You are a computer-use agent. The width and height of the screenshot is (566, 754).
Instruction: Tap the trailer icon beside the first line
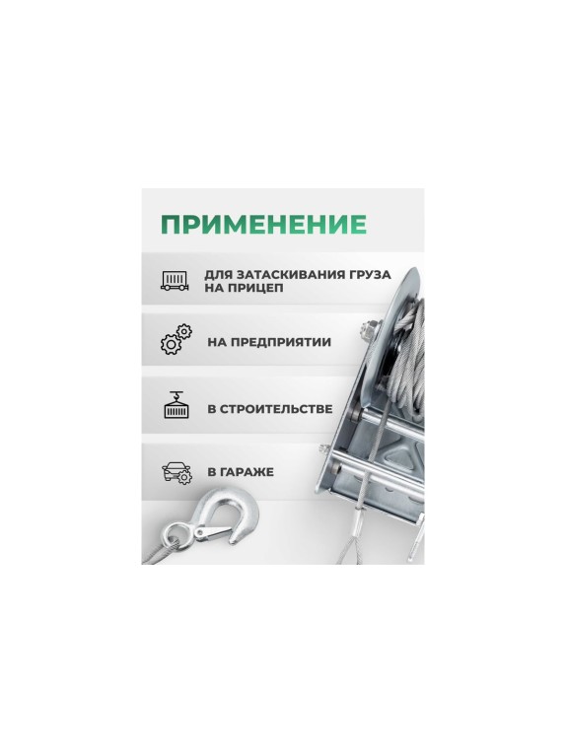click(x=177, y=280)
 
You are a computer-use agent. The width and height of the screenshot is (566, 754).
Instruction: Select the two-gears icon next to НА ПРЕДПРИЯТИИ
click(x=176, y=342)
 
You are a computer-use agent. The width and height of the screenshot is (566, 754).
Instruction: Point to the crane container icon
click(x=177, y=406)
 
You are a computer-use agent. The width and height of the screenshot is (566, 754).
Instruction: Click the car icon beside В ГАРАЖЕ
click(x=177, y=472)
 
